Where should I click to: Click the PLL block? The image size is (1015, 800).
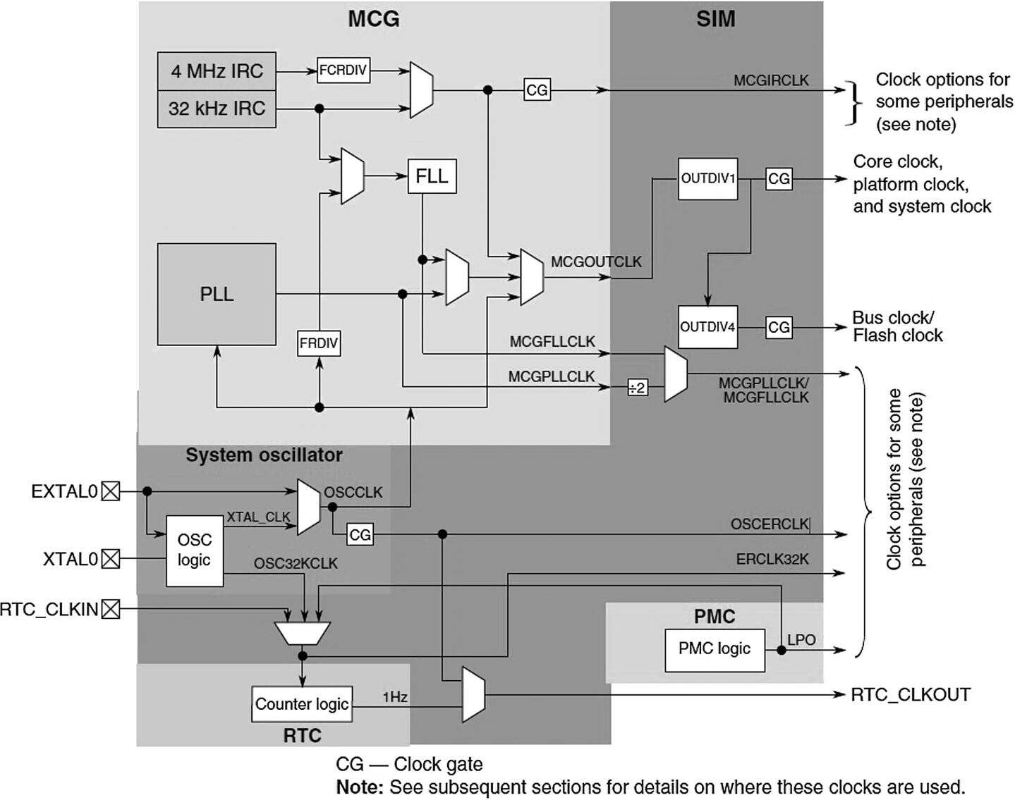(217, 294)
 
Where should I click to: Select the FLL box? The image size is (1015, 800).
(432, 176)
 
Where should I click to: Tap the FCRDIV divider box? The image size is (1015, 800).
(344, 70)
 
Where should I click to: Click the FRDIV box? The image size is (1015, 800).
(319, 344)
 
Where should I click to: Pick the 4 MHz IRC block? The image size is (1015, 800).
(217, 71)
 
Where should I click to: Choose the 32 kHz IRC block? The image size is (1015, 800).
(217, 109)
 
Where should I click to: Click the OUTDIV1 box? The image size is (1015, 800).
(707, 179)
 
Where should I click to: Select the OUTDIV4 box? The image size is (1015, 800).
(707, 327)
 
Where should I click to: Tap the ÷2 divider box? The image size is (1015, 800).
(637, 388)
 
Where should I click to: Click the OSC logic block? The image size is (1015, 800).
(194, 550)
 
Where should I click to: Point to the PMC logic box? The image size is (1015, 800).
(715, 649)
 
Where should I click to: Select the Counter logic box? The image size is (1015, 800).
(302, 704)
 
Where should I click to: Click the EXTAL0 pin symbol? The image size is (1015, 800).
(111, 491)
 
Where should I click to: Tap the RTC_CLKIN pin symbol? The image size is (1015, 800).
(111, 609)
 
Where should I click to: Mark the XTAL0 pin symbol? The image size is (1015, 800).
(111, 560)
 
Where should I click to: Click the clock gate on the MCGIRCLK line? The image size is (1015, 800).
(537, 90)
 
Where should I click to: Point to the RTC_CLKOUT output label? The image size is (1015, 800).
(910, 695)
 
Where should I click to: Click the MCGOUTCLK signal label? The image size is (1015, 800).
(596, 262)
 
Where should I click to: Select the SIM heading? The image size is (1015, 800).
(715, 19)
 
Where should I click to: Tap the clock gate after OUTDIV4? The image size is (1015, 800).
(779, 327)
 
